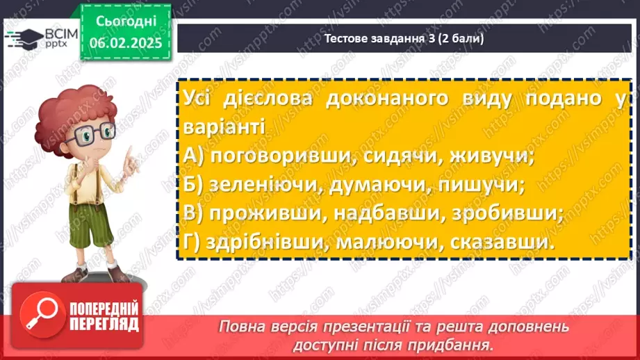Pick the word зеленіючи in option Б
267,186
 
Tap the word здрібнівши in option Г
270,243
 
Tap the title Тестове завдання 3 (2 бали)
404,39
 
